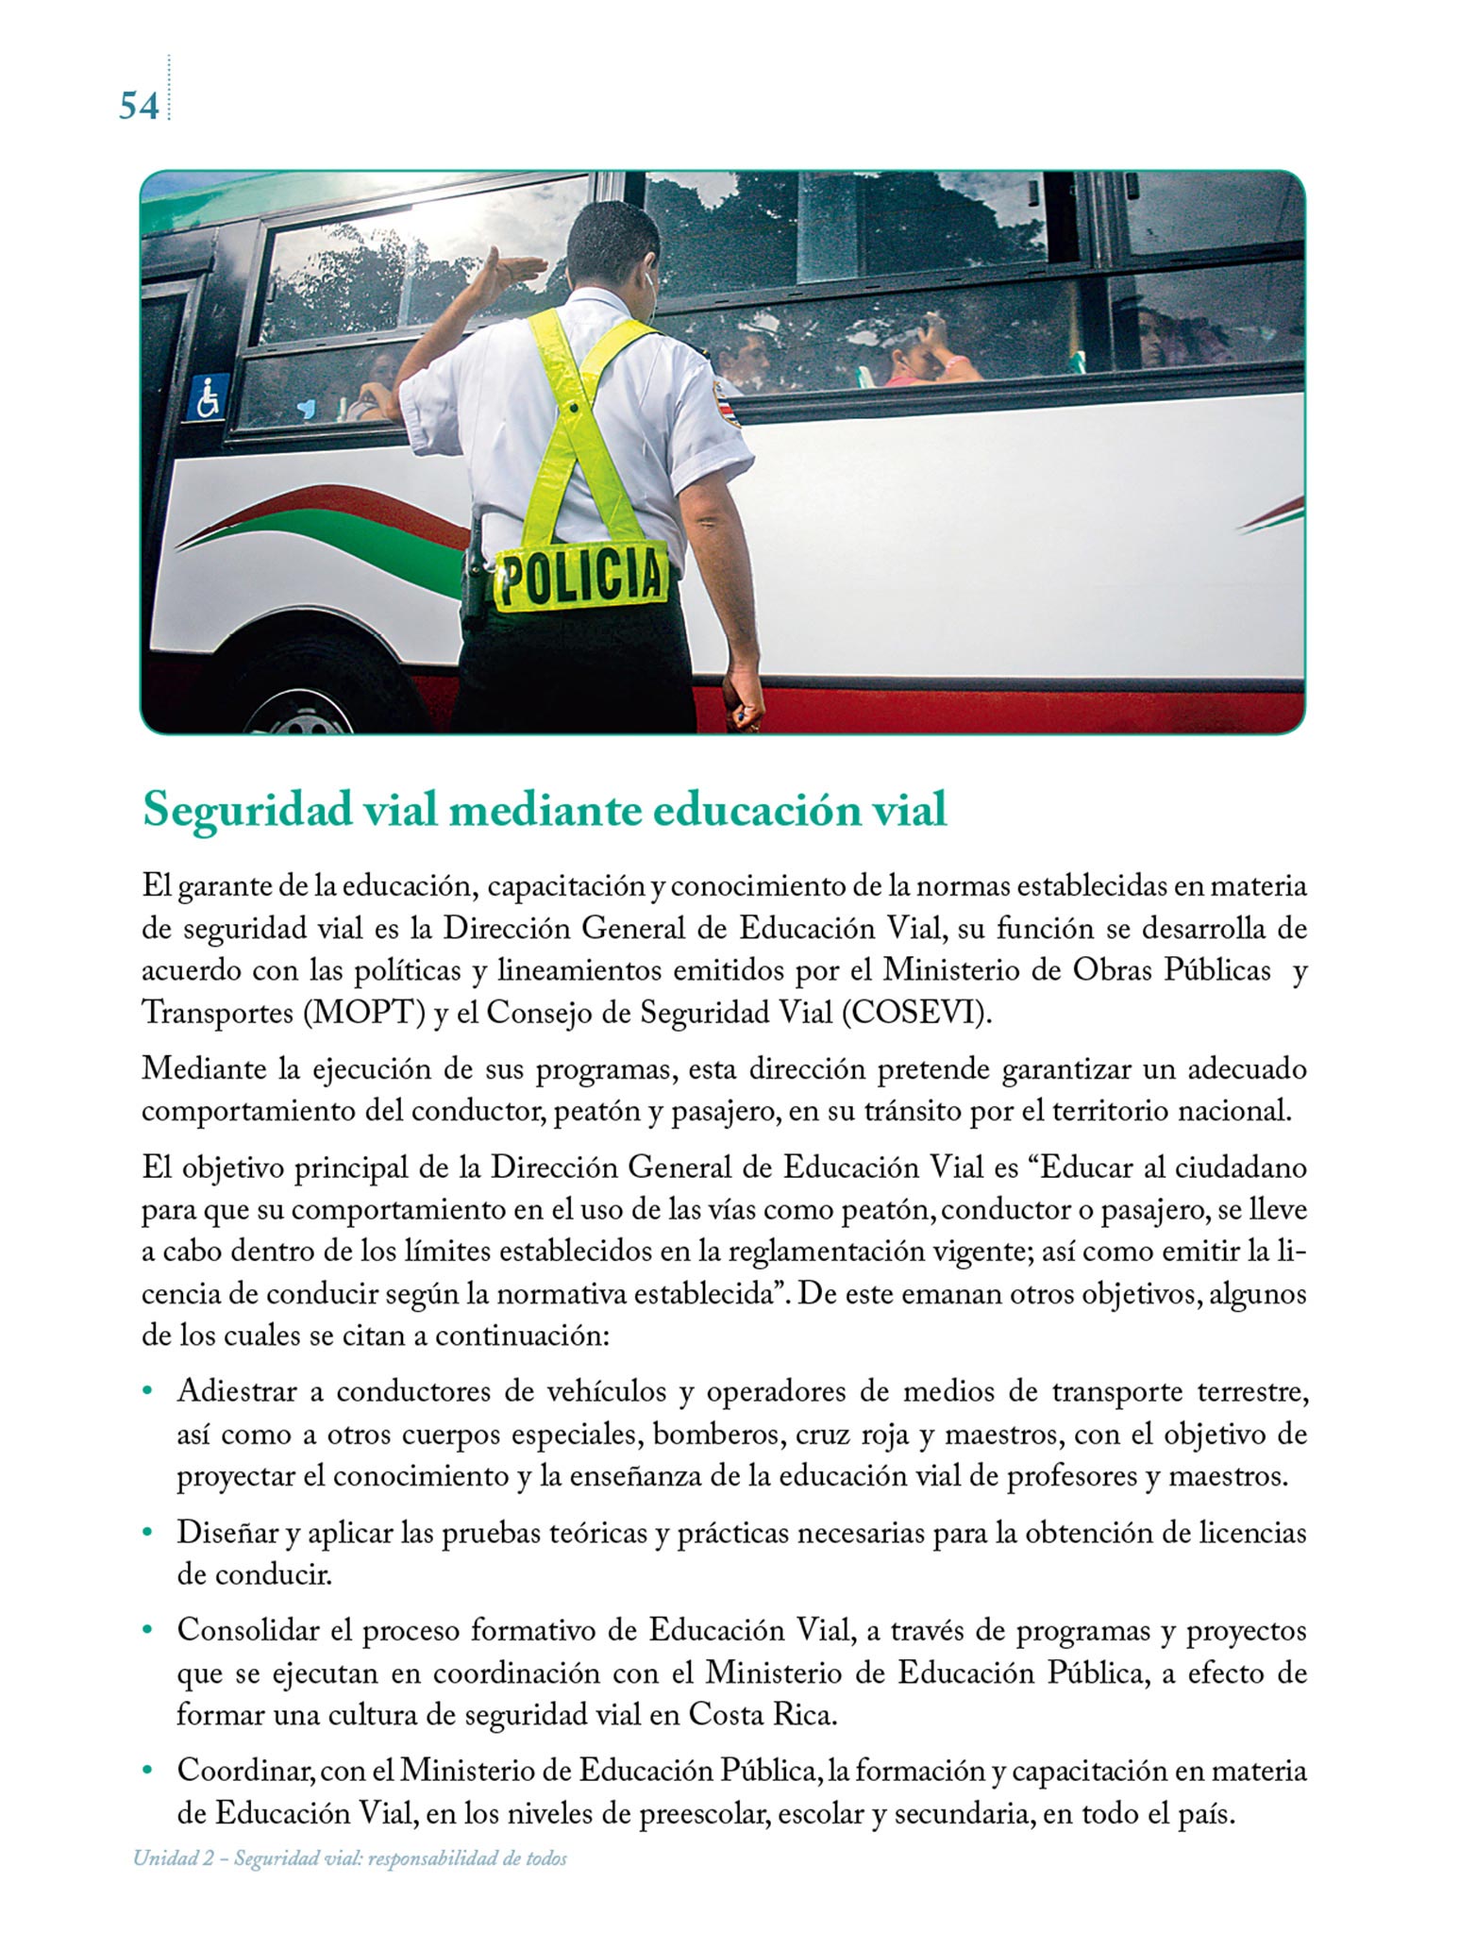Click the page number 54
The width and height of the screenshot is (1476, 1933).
pyautogui.click(x=138, y=106)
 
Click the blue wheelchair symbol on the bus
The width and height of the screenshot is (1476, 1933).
pyautogui.click(x=208, y=396)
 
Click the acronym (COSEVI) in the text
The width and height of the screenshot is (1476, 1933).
pyautogui.click(x=916, y=1013)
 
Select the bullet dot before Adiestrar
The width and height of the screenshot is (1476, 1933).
pyautogui.click(x=147, y=1392)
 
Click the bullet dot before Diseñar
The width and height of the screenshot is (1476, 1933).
pyautogui.click(x=147, y=1534)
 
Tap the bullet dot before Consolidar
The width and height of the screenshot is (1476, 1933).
pyautogui.click(x=147, y=1631)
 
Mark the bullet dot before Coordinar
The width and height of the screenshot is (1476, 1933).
pyautogui.click(x=147, y=1772)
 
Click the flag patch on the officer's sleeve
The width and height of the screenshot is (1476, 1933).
pyautogui.click(x=730, y=409)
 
